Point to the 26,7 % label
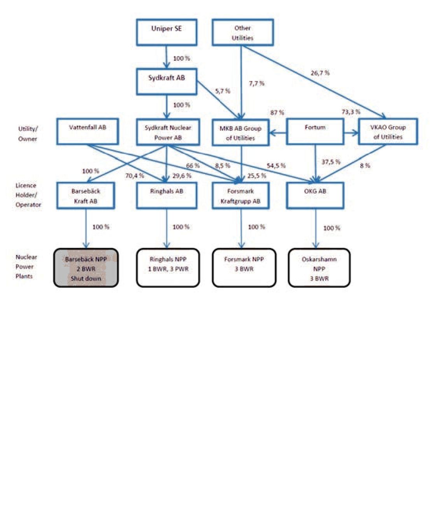click(320, 73)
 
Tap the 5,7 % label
click(223, 91)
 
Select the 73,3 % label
click(351, 112)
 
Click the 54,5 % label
click(276, 165)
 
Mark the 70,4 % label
click(135, 176)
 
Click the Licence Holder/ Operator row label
click(28, 195)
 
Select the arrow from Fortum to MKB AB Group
click(278, 133)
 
